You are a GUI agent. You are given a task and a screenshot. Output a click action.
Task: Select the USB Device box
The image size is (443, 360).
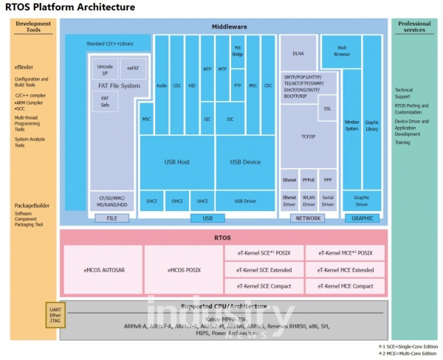245,162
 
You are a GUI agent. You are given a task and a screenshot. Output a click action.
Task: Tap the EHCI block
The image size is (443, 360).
151,200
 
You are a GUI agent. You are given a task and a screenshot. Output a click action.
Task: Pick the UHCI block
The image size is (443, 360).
202,200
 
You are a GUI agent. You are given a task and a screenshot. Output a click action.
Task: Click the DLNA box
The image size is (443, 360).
298,54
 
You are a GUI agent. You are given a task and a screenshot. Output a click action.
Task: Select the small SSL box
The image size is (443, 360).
328,108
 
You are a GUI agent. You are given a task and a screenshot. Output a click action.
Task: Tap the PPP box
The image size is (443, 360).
329,180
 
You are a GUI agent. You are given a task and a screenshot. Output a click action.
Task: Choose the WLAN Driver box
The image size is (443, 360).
309,199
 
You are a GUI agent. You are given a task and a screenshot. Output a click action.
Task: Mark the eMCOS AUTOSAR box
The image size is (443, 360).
104,270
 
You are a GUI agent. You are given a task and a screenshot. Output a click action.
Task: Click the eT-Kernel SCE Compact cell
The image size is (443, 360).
264,285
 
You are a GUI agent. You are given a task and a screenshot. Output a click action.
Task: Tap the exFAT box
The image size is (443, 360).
134,68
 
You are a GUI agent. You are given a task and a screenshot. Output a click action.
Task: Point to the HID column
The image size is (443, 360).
192,85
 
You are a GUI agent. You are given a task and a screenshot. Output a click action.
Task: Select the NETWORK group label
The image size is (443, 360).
309,218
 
